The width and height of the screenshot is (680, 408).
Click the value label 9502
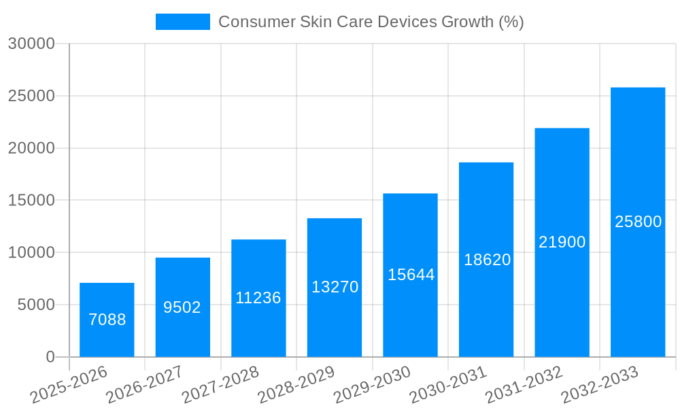coord(182,307)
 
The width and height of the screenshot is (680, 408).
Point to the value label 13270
coord(335,287)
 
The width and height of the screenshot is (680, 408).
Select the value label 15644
coord(411,275)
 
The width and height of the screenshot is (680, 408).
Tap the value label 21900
coord(562,242)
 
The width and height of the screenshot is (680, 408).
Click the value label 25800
coord(638,222)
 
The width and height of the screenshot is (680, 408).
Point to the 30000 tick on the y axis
coord(31,44)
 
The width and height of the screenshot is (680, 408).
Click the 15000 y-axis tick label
coord(31,201)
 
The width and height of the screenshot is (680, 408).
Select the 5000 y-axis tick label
coord(35,305)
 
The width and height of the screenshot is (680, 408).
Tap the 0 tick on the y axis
coord(50,357)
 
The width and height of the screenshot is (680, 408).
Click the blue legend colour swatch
coord(182,22)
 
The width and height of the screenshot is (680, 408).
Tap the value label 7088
coord(107,320)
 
